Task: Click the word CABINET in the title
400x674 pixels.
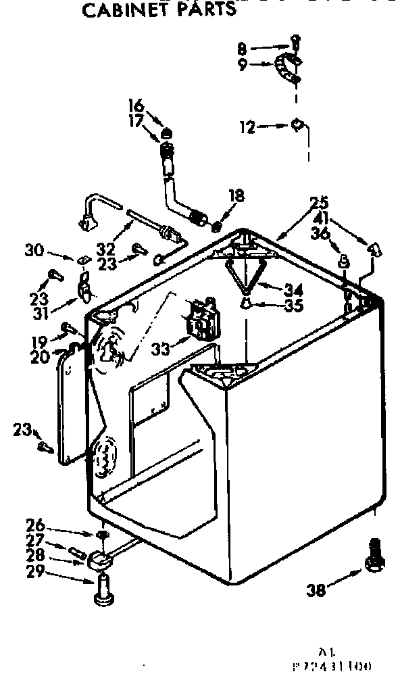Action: [121, 10]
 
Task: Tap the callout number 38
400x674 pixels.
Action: [316, 589]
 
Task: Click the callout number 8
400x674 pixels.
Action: [243, 48]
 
